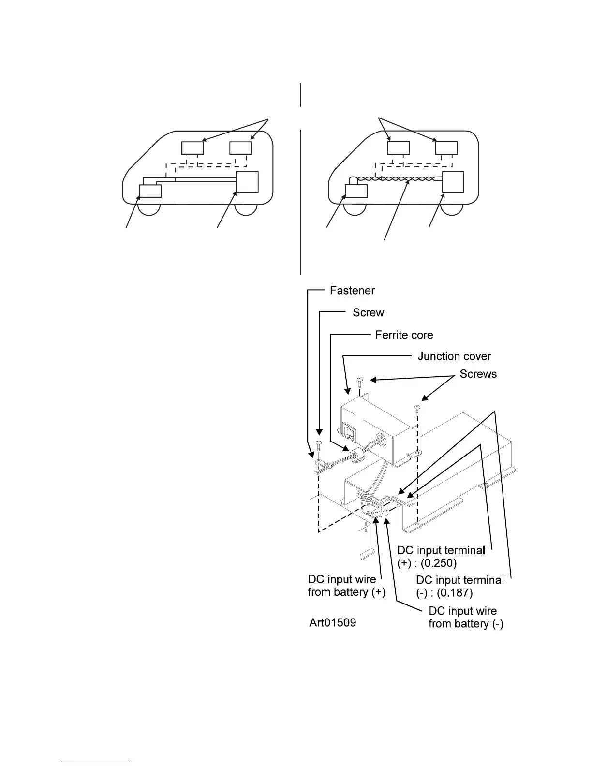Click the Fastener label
click(352, 291)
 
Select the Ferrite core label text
click(404, 335)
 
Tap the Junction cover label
click(454, 357)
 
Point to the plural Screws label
click(478, 374)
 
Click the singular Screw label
click(368, 313)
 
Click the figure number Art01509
click(333, 623)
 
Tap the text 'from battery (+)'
click(346, 592)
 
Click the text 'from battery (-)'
click(466, 624)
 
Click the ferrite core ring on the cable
click(357, 456)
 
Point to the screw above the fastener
click(318, 445)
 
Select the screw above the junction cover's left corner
click(360, 382)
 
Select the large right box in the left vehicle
click(247, 182)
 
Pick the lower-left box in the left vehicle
click(150, 191)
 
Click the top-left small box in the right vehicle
click(399, 147)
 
